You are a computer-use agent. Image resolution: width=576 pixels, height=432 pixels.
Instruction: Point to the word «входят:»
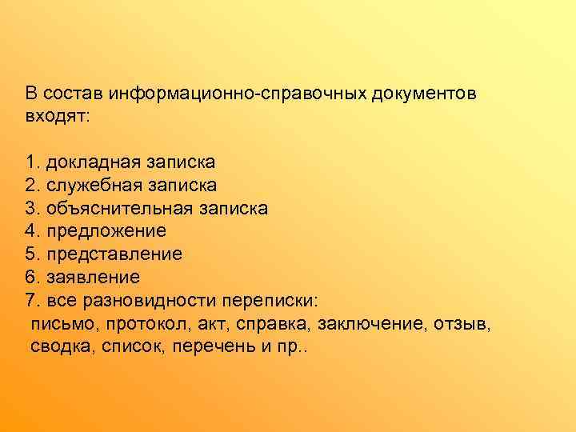58,116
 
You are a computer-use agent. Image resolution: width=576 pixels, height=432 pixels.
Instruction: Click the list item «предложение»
106,232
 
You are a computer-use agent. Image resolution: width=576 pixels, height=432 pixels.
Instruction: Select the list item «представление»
114,255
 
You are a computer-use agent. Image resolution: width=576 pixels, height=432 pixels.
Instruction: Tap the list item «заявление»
93,278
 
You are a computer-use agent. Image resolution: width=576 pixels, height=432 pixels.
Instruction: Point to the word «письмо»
58,325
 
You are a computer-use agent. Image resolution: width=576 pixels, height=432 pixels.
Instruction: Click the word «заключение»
374,325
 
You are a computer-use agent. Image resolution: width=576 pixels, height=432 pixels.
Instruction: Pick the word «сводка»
62,348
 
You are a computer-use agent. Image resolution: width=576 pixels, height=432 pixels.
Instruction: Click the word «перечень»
209,348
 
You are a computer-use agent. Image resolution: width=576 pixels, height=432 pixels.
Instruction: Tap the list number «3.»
33,209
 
